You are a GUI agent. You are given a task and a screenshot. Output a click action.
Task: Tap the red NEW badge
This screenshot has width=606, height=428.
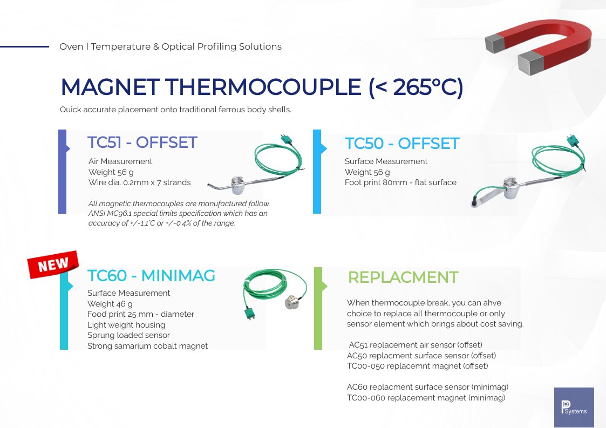click(53, 265)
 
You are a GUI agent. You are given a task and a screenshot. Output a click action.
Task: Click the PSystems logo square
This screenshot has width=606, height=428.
click(574, 407)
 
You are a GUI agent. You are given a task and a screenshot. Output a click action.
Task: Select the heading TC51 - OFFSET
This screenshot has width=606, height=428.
click(142, 142)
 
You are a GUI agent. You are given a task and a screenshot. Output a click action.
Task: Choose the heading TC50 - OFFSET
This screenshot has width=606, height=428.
click(401, 144)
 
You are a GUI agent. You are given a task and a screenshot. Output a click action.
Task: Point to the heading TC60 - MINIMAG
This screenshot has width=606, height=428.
click(151, 276)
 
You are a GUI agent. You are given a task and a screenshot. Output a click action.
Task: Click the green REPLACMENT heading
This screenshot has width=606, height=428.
click(403, 277)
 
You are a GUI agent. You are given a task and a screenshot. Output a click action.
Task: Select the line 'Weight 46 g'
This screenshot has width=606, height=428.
click(110, 304)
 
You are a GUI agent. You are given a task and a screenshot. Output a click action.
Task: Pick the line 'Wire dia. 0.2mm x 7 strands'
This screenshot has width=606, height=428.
click(139, 182)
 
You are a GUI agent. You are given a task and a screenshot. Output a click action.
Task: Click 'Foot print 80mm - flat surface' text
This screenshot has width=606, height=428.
click(400, 182)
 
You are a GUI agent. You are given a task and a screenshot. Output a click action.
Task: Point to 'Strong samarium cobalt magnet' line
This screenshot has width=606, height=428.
click(147, 346)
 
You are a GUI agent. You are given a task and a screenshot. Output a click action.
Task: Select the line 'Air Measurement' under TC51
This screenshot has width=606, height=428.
click(120, 161)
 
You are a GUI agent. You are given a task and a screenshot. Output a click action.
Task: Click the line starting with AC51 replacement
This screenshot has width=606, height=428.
click(416, 345)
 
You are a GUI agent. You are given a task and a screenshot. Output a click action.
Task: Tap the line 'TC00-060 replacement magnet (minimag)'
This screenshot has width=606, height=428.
click(426, 398)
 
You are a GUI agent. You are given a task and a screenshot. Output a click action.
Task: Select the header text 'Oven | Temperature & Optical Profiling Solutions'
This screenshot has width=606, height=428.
click(171, 47)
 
